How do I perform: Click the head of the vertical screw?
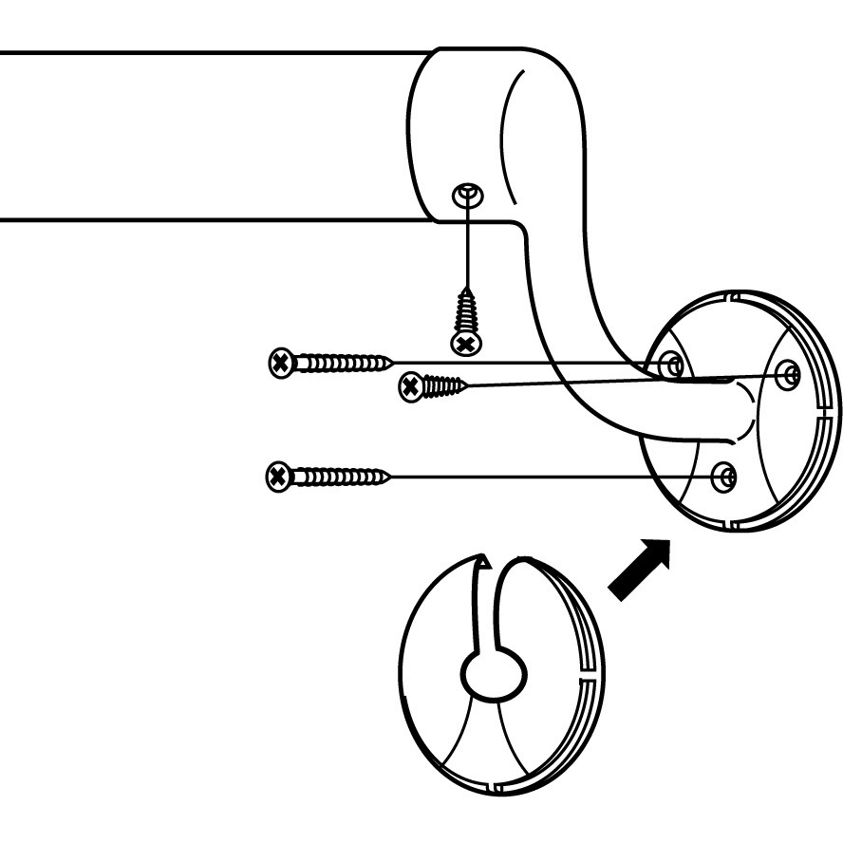pos(464,342)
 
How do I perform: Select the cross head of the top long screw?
pos(280,362)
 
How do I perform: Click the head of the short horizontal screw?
pos(410,385)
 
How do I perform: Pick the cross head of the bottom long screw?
pos(277,476)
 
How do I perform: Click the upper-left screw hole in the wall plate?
pos(671,364)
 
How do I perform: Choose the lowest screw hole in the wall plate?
pos(724,475)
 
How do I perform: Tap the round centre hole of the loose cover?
pos(494,676)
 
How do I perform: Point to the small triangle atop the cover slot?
pos(484,563)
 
